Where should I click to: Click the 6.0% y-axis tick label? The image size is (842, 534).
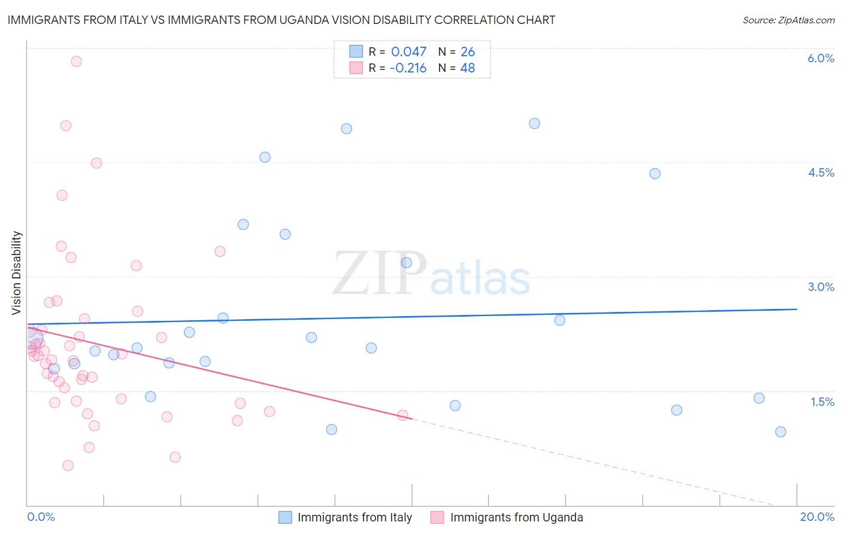pyautogui.click(x=820, y=58)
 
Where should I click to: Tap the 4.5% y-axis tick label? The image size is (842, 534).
pyautogui.click(x=820, y=172)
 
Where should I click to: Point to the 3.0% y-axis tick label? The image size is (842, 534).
pyautogui.click(x=820, y=287)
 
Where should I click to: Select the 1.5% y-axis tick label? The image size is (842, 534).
pyautogui.click(x=822, y=402)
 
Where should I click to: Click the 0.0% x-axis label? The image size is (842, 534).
pyautogui.click(x=41, y=517)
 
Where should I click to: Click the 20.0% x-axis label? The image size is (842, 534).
pyautogui.click(x=817, y=517)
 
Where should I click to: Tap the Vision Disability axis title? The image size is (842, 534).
pyautogui.click(x=17, y=273)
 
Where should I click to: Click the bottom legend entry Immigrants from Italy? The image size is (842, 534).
pyautogui.click(x=355, y=517)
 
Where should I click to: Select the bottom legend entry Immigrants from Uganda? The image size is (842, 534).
pyautogui.click(x=516, y=517)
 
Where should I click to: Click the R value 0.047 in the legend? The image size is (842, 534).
pyautogui.click(x=408, y=52)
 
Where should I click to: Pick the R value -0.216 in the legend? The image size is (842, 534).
pyautogui.click(x=408, y=68)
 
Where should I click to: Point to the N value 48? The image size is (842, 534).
pyautogui.click(x=467, y=68)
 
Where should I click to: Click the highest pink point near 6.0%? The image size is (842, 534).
pyautogui.click(x=76, y=61)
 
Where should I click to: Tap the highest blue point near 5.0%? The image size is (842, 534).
pyautogui.click(x=534, y=123)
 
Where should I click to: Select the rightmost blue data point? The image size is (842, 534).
pyautogui.click(x=780, y=432)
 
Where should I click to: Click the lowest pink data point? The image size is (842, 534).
pyautogui.click(x=68, y=465)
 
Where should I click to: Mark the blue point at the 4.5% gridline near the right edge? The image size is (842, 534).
pyautogui.click(x=655, y=174)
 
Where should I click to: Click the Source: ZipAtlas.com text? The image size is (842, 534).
pyautogui.click(x=788, y=20)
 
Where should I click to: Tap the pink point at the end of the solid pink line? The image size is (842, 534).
pyautogui.click(x=402, y=415)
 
